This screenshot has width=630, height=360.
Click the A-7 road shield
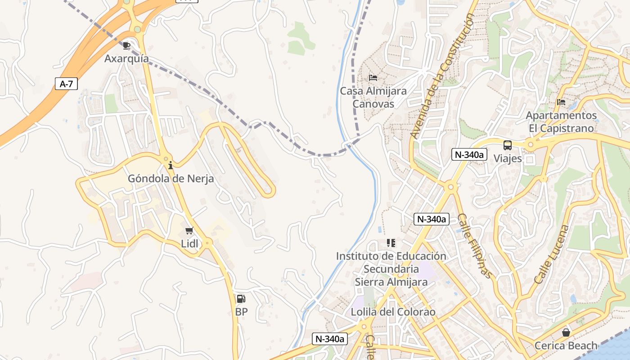(x=66, y=84)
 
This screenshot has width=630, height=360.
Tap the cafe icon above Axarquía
(x=126, y=45)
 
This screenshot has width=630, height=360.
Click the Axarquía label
(x=126, y=58)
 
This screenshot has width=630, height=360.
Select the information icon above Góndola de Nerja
(x=171, y=166)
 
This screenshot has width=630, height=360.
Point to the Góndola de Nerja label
(x=171, y=179)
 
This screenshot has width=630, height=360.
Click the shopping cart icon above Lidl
(x=189, y=231)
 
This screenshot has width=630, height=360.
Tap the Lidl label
(x=189, y=244)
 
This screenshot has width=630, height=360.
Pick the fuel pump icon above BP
(x=241, y=299)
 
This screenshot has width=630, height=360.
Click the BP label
(x=241, y=312)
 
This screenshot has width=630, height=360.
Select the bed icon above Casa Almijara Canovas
(x=373, y=78)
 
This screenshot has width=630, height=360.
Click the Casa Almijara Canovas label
(x=373, y=97)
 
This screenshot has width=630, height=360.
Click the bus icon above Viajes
(x=508, y=145)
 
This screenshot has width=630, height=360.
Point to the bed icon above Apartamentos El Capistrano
(x=561, y=102)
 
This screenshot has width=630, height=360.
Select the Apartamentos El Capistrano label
(x=561, y=122)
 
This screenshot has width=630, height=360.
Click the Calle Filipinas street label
(x=475, y=246)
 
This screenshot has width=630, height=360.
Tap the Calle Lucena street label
(x=552, y=254)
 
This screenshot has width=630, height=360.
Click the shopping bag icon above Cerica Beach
(x=566, y=333)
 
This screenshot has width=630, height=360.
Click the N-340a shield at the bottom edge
(x=330, y=339)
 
